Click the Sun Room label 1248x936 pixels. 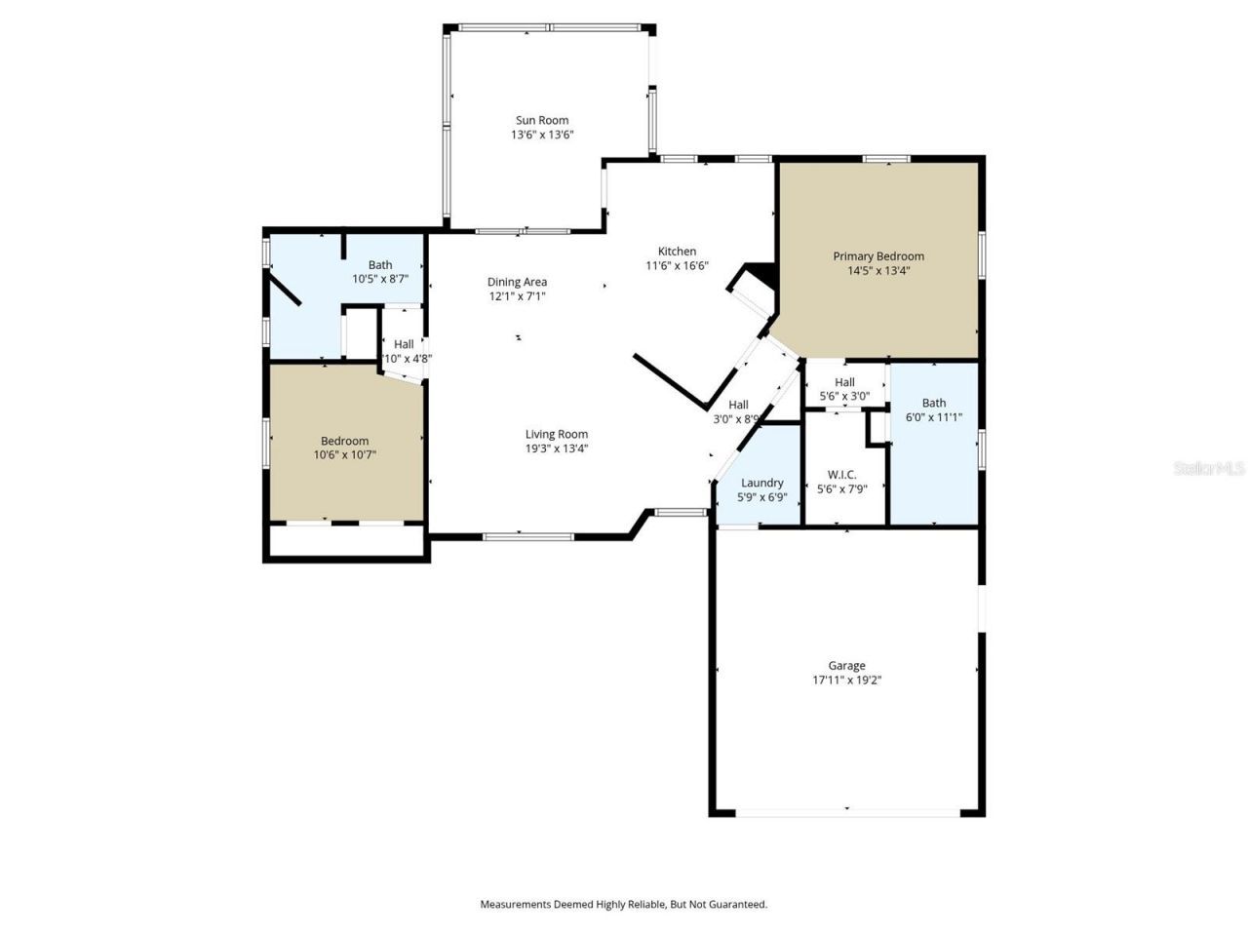542,121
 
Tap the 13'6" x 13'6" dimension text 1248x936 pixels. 542,136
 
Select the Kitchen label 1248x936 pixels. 677,252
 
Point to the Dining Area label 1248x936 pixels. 517,283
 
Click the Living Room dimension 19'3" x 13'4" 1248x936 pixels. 556,449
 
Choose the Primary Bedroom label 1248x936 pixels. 877,256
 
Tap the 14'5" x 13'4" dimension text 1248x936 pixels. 877,271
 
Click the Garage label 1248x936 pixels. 846,666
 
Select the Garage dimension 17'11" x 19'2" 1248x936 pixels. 846,681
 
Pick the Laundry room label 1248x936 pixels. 761,483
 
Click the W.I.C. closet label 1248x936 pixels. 841,475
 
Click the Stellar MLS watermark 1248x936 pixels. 1208,469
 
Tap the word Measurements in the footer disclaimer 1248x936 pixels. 515,905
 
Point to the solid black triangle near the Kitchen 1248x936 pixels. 760,275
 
